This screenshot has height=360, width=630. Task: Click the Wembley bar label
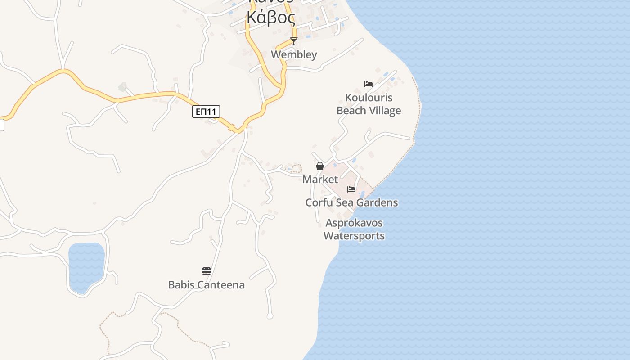click(294, 55)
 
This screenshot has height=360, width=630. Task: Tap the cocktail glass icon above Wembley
click(294, 41)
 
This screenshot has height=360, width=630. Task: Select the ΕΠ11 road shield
click(206, 112)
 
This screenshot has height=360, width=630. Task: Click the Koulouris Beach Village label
click(369, 104)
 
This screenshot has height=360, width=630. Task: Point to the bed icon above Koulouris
click(369, 84)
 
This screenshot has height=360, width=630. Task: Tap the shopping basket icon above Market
click(320, 166)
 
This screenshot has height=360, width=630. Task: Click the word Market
click(320, 180)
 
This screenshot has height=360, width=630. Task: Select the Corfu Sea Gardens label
click(351, 203)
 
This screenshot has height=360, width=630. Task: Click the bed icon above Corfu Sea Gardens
click(351, 189)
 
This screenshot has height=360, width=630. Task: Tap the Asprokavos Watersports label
click(354, 229)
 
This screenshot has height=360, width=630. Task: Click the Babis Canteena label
click(206, 285)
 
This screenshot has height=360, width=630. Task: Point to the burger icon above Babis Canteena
click(207, 271)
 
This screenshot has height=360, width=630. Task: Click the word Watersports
click(354, 236)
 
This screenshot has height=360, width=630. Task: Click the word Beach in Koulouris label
click(350, 111)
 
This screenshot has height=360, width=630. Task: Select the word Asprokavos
click(354, 223)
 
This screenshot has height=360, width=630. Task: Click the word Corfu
click(319, 203)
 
